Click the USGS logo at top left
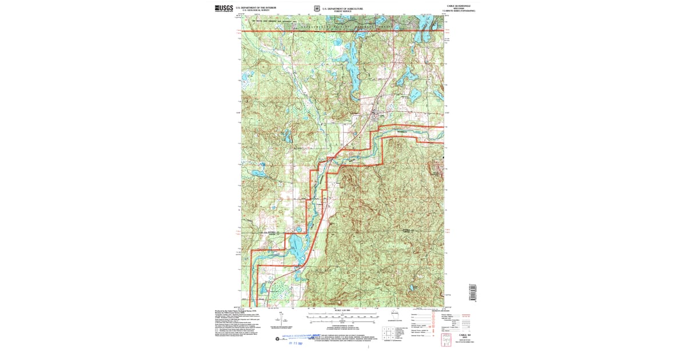coord(224,8)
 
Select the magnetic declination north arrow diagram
coord(281,319)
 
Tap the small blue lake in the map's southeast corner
coord(410,288)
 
